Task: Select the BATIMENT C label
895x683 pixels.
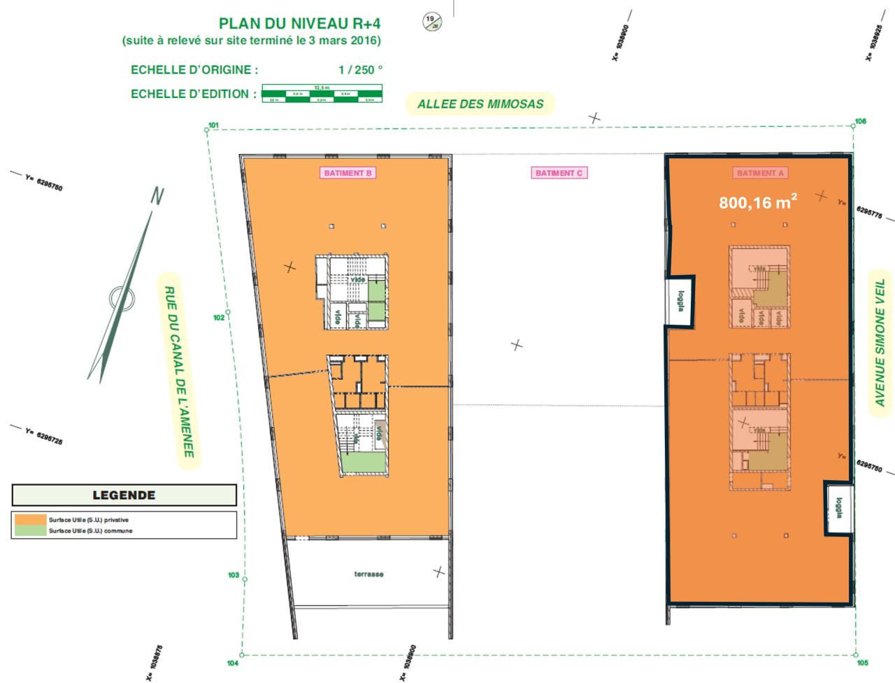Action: (x=558, y=173)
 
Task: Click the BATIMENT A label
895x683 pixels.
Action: (x=759, y=173)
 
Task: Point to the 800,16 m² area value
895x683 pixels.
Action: (x=759, y=203)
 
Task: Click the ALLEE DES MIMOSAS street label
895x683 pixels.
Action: (x=480, y=104)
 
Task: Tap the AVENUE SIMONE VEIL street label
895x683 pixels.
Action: (x=880, y=343)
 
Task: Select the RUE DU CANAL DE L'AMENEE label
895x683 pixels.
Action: (x=179, y=372)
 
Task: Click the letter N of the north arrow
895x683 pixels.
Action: (x=158, y=197)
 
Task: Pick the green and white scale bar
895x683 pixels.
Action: (x=322, y=94)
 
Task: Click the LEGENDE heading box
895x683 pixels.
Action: (x=124, y=495)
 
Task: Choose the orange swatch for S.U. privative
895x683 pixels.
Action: (x=29, y=520)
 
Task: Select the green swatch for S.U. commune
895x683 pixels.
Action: (x=29, y=530)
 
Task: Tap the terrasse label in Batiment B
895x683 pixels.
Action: (x=368, y=575)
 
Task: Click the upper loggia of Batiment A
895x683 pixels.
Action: (x=680, y=302)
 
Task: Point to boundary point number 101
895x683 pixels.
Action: (x=213, y=127)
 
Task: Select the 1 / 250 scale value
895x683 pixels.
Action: (x=359, y=70)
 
